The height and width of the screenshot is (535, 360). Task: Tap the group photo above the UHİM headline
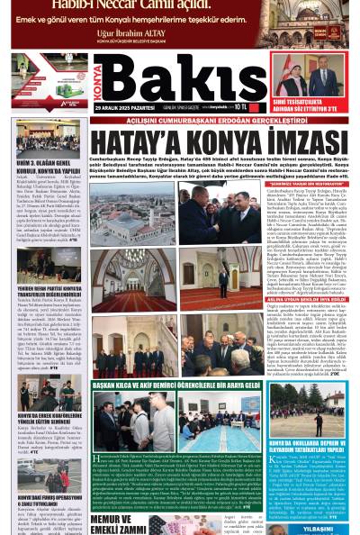[49, 136]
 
